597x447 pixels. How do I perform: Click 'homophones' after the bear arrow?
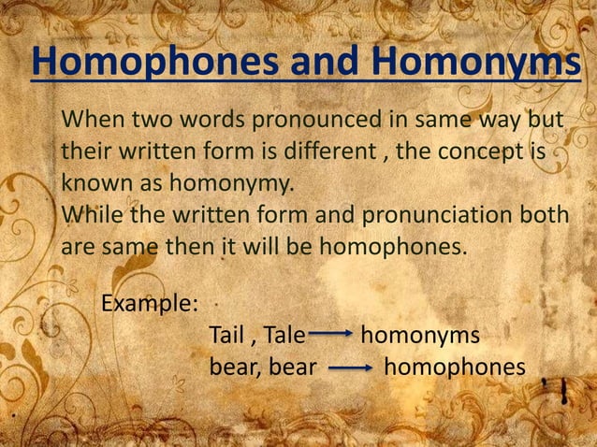tap(455, 368)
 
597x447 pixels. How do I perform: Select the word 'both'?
tap(544, 215)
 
